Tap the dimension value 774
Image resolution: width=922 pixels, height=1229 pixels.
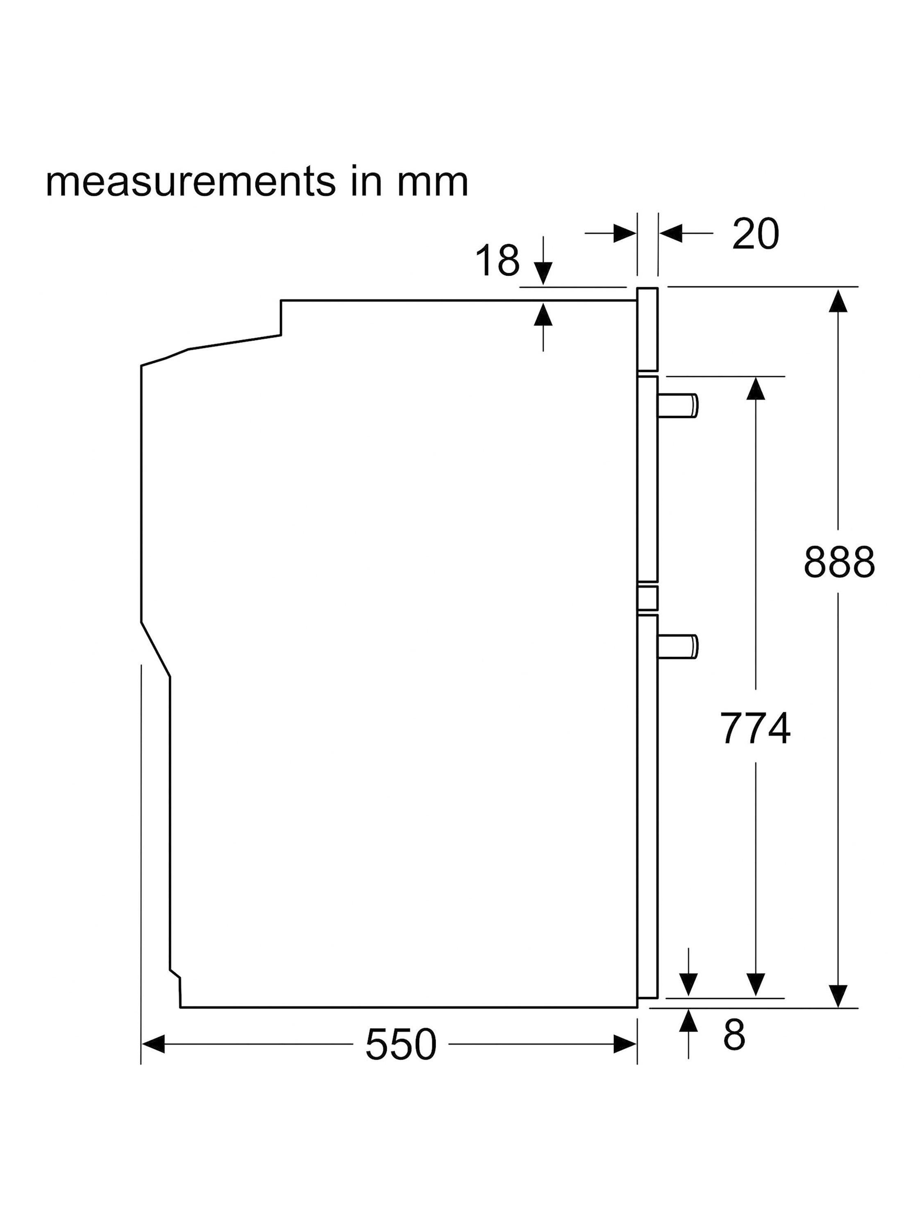pos(755,728)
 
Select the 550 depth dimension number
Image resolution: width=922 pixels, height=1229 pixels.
pos(401,1045)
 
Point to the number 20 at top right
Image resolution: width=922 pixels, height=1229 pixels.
pos(756,234)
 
